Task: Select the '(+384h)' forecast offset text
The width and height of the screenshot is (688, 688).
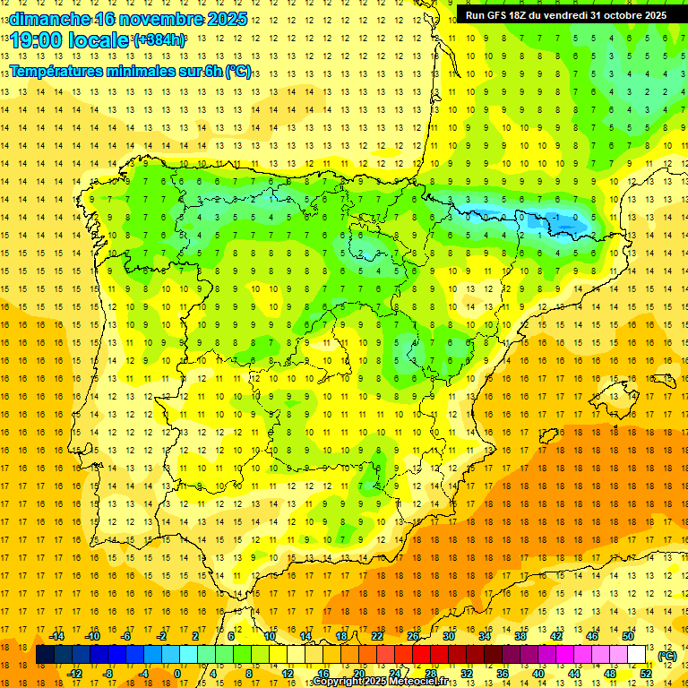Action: tap(159, 39)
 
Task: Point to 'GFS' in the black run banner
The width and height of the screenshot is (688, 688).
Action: tap(501, 15)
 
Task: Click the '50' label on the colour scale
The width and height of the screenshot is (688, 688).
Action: tap(628, 636)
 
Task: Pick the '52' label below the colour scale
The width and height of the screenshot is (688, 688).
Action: tap(646, 674)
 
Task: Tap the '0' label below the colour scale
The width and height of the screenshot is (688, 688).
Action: tap(177, 674)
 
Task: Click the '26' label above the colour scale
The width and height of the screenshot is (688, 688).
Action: tap(413, 636)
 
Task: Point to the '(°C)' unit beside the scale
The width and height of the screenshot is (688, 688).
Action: tap(667, 656)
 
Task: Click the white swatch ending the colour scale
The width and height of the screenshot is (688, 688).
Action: tap(637, 655)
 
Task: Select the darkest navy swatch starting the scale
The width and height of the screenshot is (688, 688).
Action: tap(45, 655)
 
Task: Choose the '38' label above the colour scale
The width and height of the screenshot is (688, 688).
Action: tap(520, 636)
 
